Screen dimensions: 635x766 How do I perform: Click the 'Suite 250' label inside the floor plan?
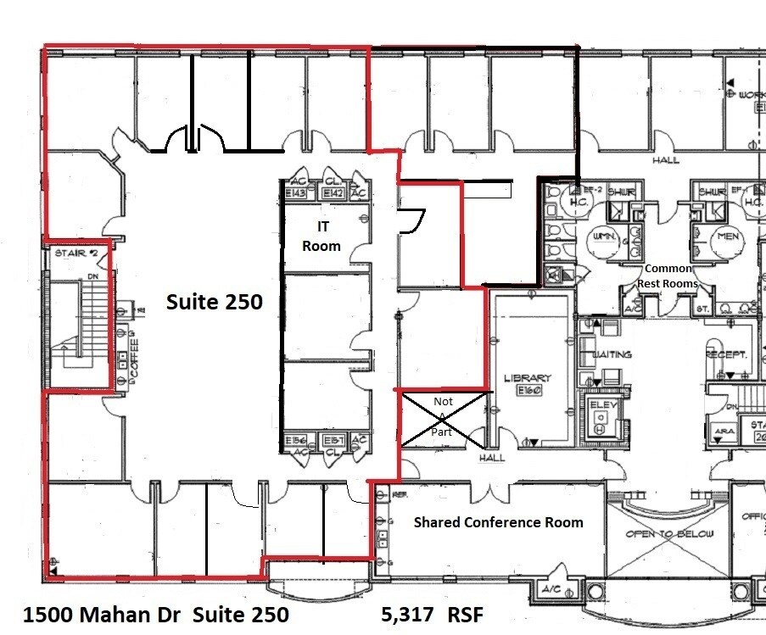click(x=214, y=302)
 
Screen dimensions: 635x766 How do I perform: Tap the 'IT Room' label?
click(x=322, y=237)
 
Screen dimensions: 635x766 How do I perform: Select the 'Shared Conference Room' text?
click(x=498, y=522)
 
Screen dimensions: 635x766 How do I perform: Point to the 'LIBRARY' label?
click(x=528, y=378)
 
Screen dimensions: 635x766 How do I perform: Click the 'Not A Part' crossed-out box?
click(x=442, y=416)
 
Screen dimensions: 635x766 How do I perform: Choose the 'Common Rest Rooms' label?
click(x=668, y=276)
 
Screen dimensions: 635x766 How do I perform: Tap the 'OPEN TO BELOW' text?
click(x=669, y=534)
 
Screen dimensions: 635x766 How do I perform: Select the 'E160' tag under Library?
click(x=528, y=392)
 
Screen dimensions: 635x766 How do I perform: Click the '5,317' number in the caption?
click(x=407, y=614)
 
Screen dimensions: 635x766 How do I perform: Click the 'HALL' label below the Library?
click(x=491, y=458)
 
